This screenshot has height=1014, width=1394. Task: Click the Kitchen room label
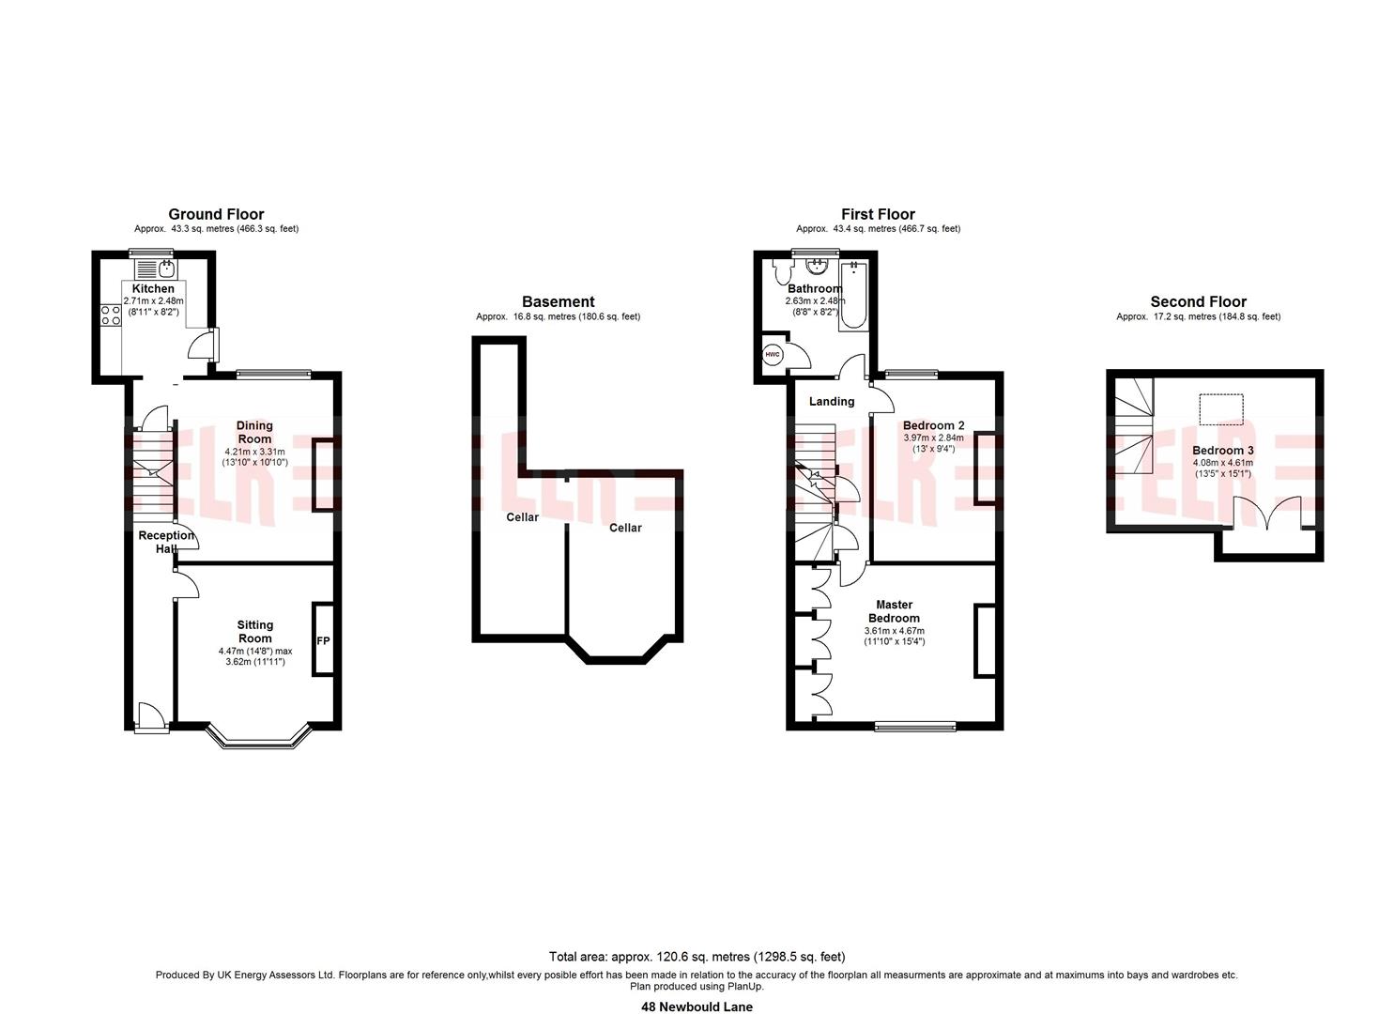tap(153, 288)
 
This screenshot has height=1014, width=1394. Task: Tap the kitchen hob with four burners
tap(111, 315)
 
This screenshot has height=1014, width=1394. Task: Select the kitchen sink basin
tap(167, 269)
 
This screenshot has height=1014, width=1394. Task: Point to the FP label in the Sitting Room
tap(323, 640)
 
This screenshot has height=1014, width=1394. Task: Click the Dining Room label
tap(254, 432)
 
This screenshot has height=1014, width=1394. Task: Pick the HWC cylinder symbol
tap(772, 355)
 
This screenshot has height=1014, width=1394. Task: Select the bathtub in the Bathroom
tap(853, 297)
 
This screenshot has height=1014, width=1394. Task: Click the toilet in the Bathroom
tap(782, 271)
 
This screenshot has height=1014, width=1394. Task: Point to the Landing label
tap(832, 402)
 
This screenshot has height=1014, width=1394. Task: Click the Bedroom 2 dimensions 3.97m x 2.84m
tap(933, 438)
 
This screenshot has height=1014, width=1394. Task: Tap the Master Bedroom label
tap(895, 611)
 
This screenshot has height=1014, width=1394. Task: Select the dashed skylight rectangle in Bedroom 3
tap(1221, 409)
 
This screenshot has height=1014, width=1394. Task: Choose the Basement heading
tap(559, 301)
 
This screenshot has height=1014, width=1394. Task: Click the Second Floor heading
tap(1198, 301)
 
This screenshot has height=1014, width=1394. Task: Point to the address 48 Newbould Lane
tap(697, 1006)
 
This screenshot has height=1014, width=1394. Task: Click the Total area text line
tap(697, 956)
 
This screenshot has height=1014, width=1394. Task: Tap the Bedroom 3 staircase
tap(1133, 426)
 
